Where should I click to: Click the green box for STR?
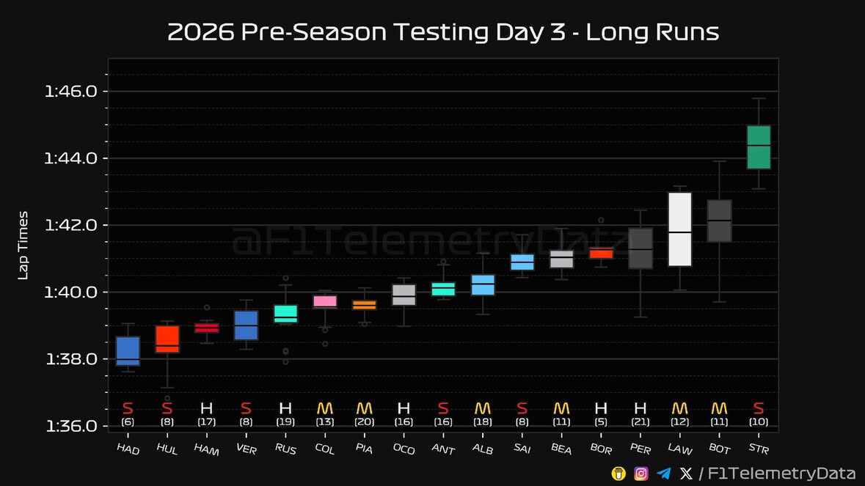click(759, 147)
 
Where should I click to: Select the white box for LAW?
click(679, 229)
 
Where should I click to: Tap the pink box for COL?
click(325, 302)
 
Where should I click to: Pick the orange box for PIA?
click(364, 305)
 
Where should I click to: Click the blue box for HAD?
click(128, 351)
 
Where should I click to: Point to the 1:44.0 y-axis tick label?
click(70, 158)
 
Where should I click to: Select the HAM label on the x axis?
click(206, 449)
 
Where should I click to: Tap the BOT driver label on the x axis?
click(719, 449)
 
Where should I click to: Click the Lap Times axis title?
click(23, 246)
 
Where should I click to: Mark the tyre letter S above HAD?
click(128, 408)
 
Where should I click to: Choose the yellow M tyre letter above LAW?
click(679, 408)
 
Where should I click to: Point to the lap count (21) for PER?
click(640, 422)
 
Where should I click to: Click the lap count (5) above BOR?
click(601, 422)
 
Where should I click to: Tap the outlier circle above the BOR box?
click(602, 221)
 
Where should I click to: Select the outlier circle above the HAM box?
click(207, 307)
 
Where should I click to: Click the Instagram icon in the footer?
click(641, 474)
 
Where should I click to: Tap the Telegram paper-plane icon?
click(664, 474)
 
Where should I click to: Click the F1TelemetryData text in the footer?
click(781, 474)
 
